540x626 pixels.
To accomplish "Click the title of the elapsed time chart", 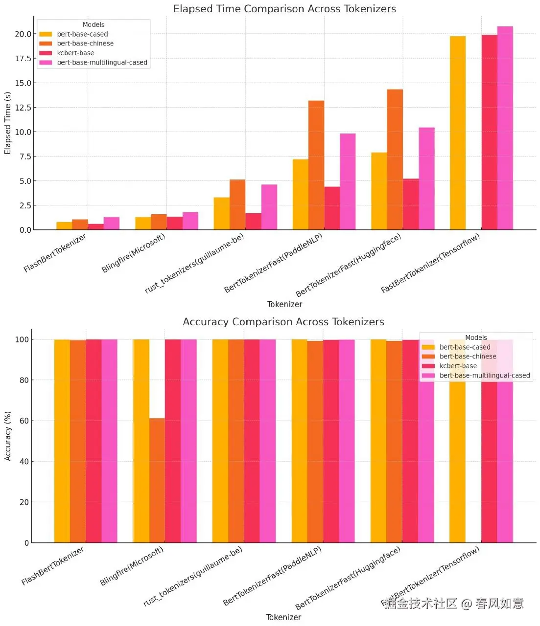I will pyautogui.click(x=284, y=9).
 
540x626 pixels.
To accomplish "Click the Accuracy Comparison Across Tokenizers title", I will pyautogui.click(x=283, y=322).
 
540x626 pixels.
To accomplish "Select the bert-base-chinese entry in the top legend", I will pyautogui.click(x=85, y=44).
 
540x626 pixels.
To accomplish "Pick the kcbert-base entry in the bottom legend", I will pyautogui.click(x=458, y=366).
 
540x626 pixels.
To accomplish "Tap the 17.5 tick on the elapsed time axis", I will pyautogui.click(x=23, y=59).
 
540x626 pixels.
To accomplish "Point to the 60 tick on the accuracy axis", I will pyautogui.click(x=24, y=421).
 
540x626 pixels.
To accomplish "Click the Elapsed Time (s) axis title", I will pyautogui.click(x=8, y=123).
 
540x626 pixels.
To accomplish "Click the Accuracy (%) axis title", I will pyautogui.click(x=8, y=436).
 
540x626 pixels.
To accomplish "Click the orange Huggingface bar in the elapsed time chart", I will pyautogui.click(x=395, y=159).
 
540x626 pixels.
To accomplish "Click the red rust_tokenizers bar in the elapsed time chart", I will pyautogui.click(x=254, y=222).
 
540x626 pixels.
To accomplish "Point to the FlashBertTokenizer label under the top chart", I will pyautogui.click(x=55, y=253).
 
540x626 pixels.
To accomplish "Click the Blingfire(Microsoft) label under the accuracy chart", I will pyautogui.click(x=132, y=566).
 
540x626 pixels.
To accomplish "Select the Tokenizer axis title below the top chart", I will pyautogui.click(x=284, y=304).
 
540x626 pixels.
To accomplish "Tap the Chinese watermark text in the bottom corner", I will pyautogui.click(x=454, y=604).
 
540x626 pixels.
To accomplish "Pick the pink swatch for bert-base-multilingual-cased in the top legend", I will pyautogui.click(x=46, y=63).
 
